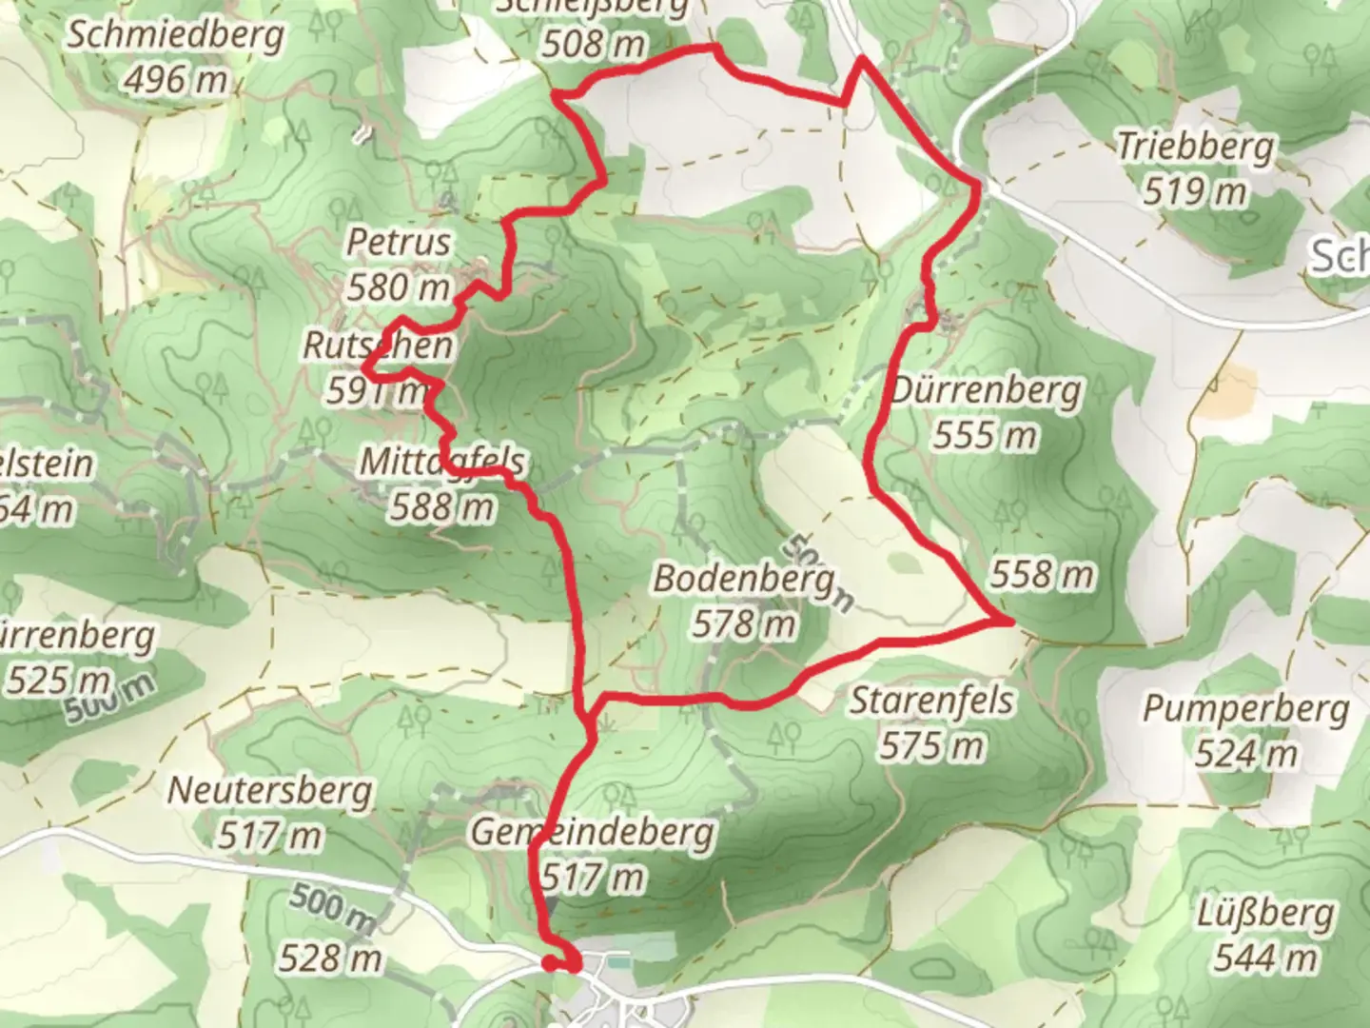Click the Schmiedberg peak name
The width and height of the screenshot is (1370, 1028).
176,36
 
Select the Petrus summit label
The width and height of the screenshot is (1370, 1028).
398,242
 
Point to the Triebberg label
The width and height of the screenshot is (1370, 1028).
1195,147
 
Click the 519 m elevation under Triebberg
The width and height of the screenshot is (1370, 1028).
1195,192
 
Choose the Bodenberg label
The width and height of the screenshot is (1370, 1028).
744,578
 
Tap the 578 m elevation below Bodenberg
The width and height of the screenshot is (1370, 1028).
744,624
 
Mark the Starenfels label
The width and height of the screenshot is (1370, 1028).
931,701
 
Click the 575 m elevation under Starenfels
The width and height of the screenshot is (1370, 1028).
931,746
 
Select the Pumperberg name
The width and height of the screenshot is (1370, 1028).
1245,709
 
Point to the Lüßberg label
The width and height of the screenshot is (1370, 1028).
1264,915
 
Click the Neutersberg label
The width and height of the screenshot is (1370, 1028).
270,790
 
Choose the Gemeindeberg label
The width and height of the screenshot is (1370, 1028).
593,832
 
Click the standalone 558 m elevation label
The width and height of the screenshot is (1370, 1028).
1043,575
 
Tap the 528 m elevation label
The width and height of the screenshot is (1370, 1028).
330,959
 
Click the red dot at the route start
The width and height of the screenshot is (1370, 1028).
549,963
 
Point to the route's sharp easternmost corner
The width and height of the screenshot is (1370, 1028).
1009,621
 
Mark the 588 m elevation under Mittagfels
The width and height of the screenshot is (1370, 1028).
441,506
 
